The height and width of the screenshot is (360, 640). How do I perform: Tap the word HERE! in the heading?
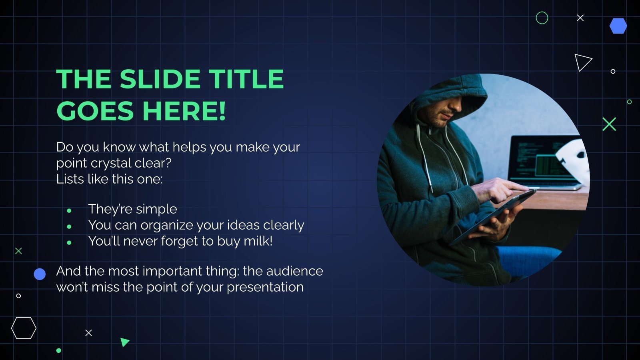pyautogui.click(x=184, y=111)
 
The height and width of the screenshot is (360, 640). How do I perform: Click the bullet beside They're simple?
pyautogui.click(x=69, y=210)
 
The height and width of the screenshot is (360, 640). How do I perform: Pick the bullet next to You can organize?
pyautogui.click(x=69, y=226)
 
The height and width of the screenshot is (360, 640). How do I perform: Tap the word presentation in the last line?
pyautogui.click(x=265, y=287)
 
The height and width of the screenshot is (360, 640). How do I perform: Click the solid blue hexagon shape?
pyautogui.click(x=618, y=26)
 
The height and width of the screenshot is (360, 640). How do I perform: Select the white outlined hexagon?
pyautogui.click(x=24, y=328)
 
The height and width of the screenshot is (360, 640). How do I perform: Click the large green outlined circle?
pyautogui.click(x=542, y=18)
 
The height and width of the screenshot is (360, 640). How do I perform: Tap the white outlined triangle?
pyautogui.click(x=582, y=62)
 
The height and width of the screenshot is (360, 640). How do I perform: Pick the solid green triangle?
pyautogui.click(x=124, y=342)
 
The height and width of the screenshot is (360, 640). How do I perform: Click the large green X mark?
pyautogui.click(x=609, y=124)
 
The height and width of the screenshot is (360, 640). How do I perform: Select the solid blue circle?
pyautogui.click(x=40, y=274)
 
